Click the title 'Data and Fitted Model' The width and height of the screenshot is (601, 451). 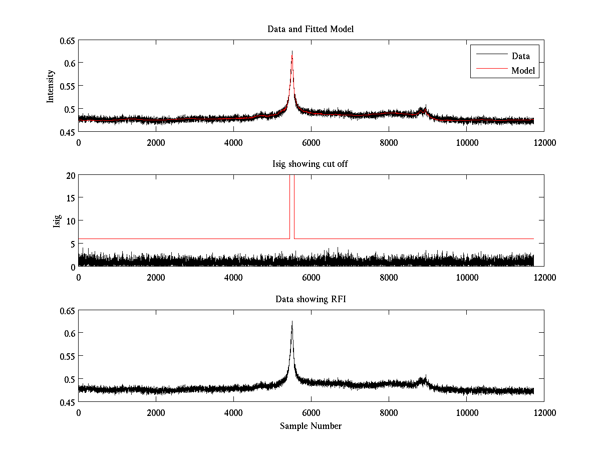coord(311,29)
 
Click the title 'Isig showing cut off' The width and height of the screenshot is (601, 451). coord(311,164)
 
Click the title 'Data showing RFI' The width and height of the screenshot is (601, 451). coord(311,299)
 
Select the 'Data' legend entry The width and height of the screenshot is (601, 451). coord(520,56)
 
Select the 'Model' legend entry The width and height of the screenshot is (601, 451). coord(523,71)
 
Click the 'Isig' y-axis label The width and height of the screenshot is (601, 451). coord(57,221)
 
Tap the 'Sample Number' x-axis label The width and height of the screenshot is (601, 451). coord(311,426)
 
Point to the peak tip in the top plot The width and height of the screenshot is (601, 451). coord(292,52)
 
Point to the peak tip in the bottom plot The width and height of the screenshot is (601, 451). coord(292,322)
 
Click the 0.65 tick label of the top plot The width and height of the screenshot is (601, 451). coord(67,40)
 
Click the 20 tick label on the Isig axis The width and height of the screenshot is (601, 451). coord(70,175)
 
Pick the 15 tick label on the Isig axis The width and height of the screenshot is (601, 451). coord(70,198)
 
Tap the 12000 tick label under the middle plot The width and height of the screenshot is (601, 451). coord(544,277)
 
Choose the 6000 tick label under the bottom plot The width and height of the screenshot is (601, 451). coord(311,412)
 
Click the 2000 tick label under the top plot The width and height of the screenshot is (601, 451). coord(156,142)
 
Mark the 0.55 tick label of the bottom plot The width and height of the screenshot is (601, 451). coord(67,356)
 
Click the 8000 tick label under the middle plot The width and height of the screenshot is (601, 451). coord(389,277)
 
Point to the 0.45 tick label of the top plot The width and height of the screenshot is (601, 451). coord(67,132)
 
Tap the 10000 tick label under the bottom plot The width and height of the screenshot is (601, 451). coord(466,412)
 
